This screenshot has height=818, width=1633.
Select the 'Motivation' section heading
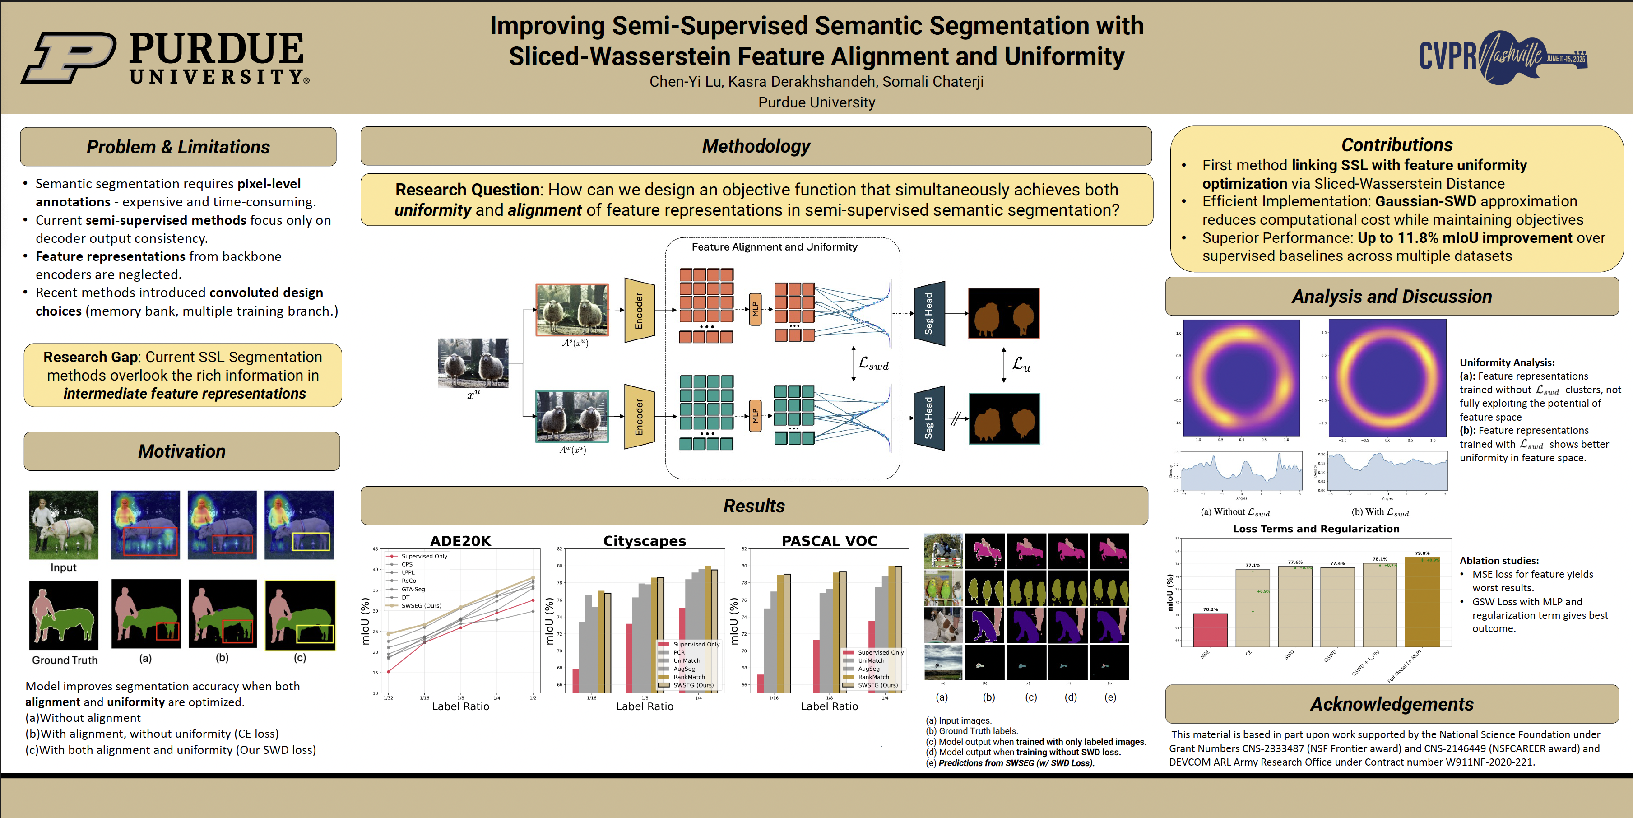(182, 451)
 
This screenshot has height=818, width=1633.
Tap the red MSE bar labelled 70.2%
(1210, 630)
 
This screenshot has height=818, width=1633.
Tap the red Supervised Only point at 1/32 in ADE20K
(389, 672)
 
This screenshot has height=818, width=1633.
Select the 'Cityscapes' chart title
(644, 541)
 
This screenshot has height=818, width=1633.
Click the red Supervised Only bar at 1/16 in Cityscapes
(575, 680)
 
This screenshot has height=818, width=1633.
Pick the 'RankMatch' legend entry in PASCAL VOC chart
(873, 677)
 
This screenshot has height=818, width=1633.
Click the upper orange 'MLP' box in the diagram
(755, 309)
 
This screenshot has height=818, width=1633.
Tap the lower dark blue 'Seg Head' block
(929, 418)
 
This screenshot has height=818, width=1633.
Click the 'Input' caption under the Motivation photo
(63, 567)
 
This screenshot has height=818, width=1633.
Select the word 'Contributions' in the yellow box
(1396, 145)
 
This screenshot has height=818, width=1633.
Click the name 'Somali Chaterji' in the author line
(932, 82)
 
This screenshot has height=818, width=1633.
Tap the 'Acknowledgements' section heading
(1392, 704)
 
